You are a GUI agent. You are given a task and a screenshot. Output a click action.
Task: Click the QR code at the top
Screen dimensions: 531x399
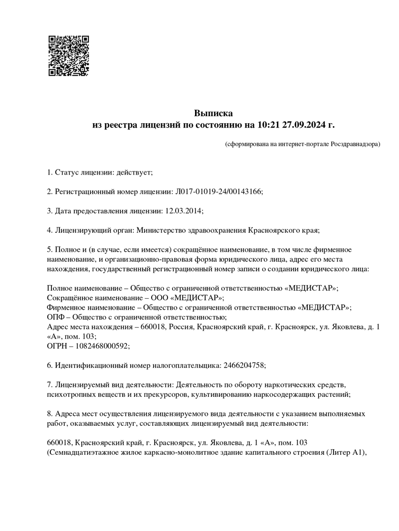(x=69, y=55)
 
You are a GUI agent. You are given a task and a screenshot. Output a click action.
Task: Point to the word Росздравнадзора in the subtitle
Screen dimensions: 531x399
(x=356, y=144)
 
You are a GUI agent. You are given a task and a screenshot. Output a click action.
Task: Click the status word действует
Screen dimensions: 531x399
(x=134, y=173)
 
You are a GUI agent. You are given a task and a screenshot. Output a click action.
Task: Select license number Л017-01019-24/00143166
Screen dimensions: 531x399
(x=219, y=191)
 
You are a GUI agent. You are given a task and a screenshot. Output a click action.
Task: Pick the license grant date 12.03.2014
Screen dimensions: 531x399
(x=183, y=211)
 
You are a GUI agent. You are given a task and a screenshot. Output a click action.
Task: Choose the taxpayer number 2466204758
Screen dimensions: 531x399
(x=242, y=365)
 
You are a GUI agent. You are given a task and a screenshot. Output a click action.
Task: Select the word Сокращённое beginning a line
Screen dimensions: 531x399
(x=70, y=298)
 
